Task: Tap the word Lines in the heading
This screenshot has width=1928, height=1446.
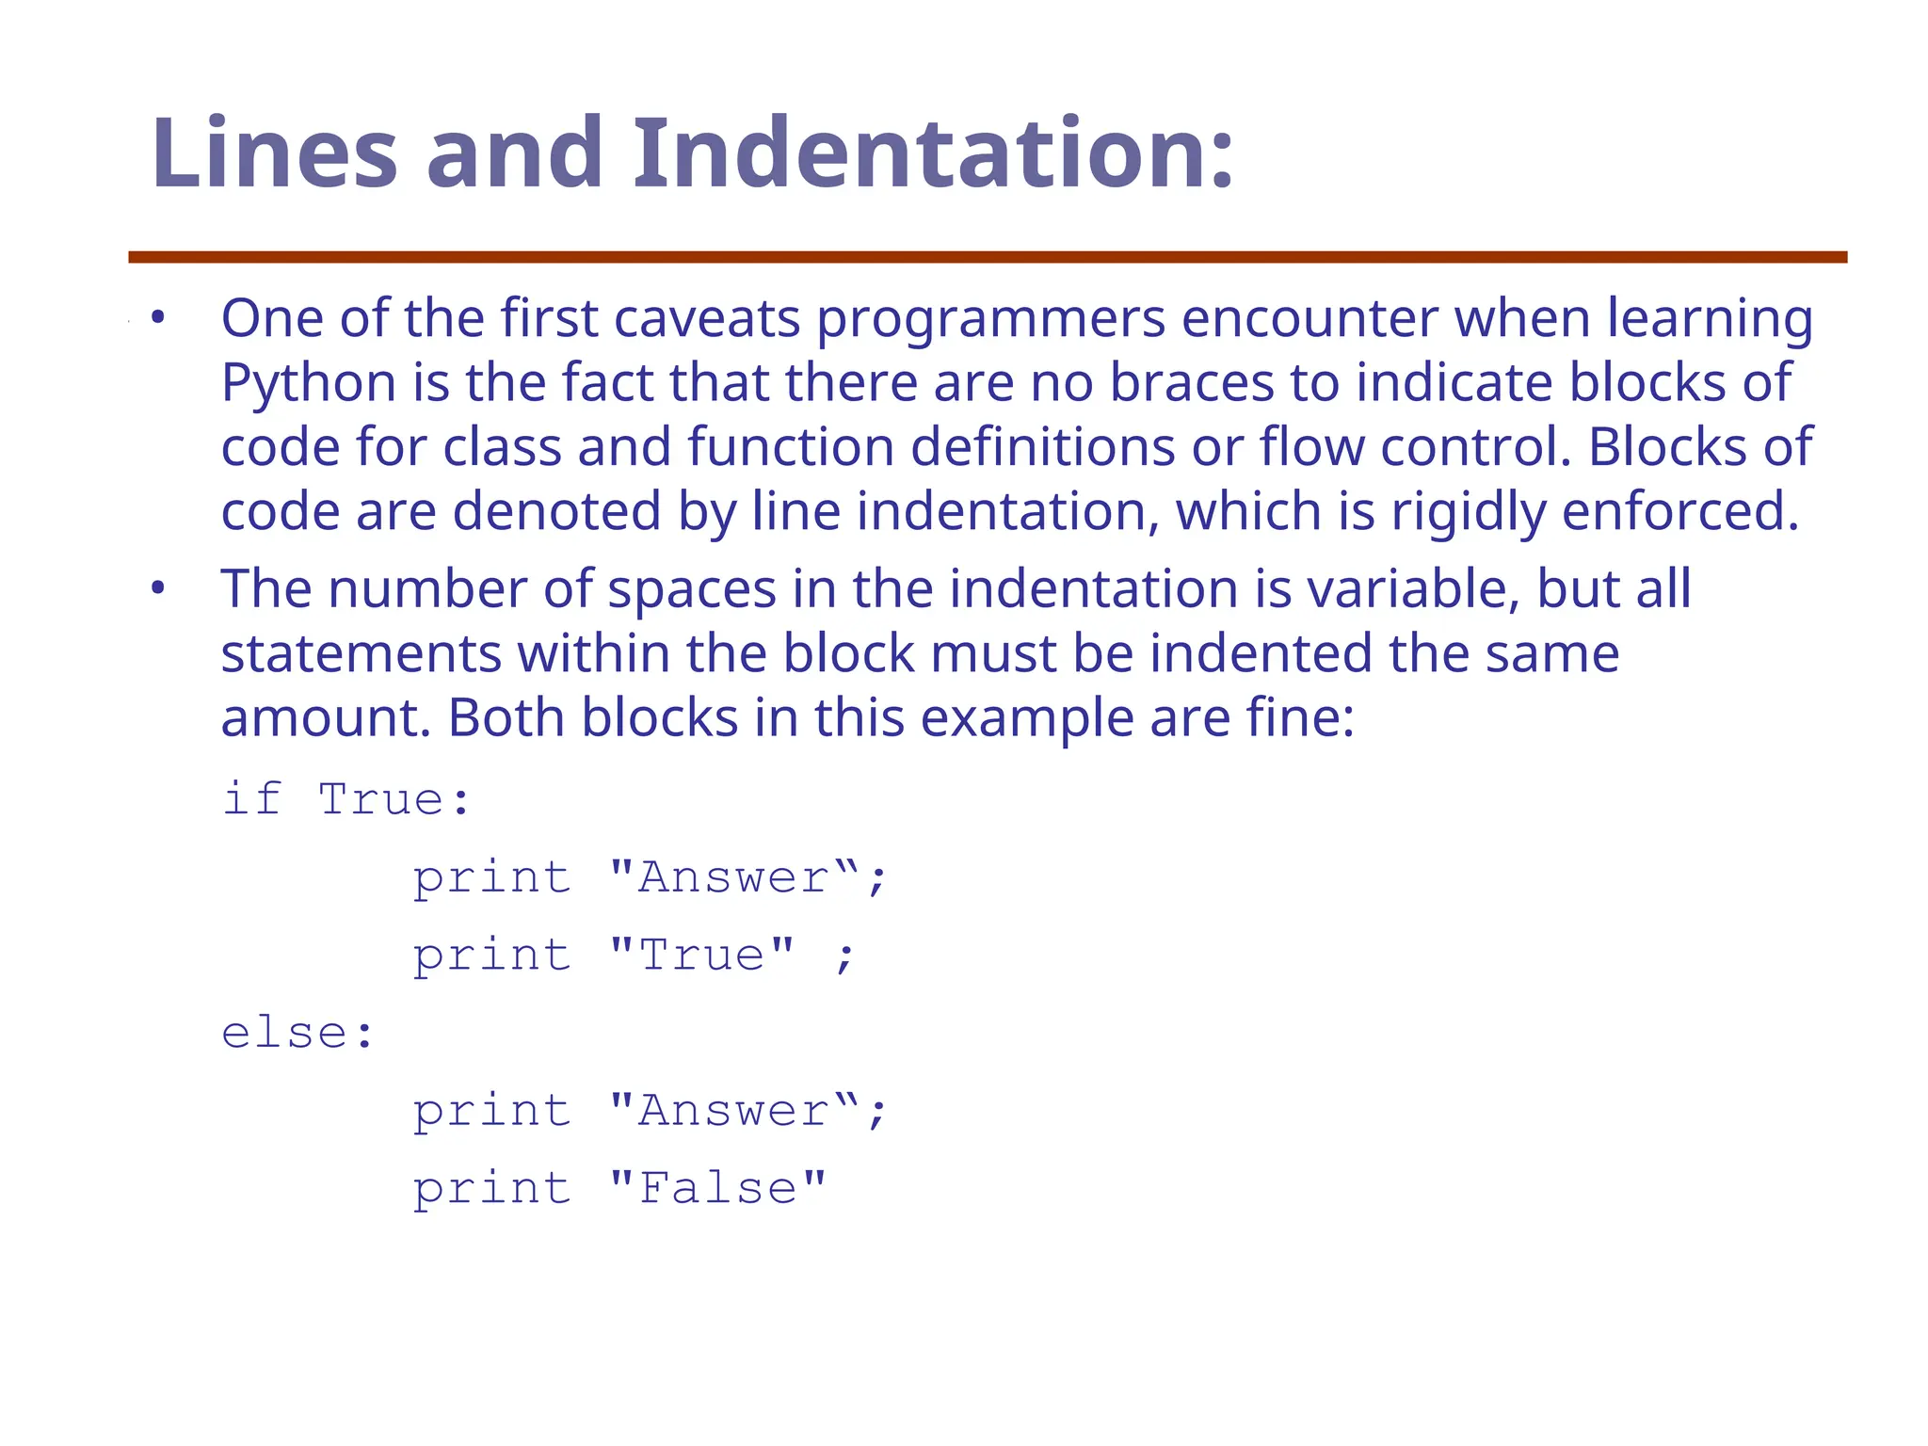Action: (274, 153)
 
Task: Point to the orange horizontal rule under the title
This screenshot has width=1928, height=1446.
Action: (988, 257)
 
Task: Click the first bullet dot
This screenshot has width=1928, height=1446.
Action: (158, 318)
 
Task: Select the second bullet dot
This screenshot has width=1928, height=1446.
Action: (158, 589)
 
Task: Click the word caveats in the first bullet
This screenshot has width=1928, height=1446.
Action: (707, 318)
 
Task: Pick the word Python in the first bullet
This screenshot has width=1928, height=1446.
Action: (308, 383)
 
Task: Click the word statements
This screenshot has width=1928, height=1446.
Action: (361, 653)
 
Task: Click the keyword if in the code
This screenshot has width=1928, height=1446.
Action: (251, 799)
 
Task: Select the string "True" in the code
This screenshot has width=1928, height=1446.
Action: (701, 955)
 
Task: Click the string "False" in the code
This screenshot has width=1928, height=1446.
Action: (717, 1188)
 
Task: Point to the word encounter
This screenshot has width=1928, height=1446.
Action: (1309, 318)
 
